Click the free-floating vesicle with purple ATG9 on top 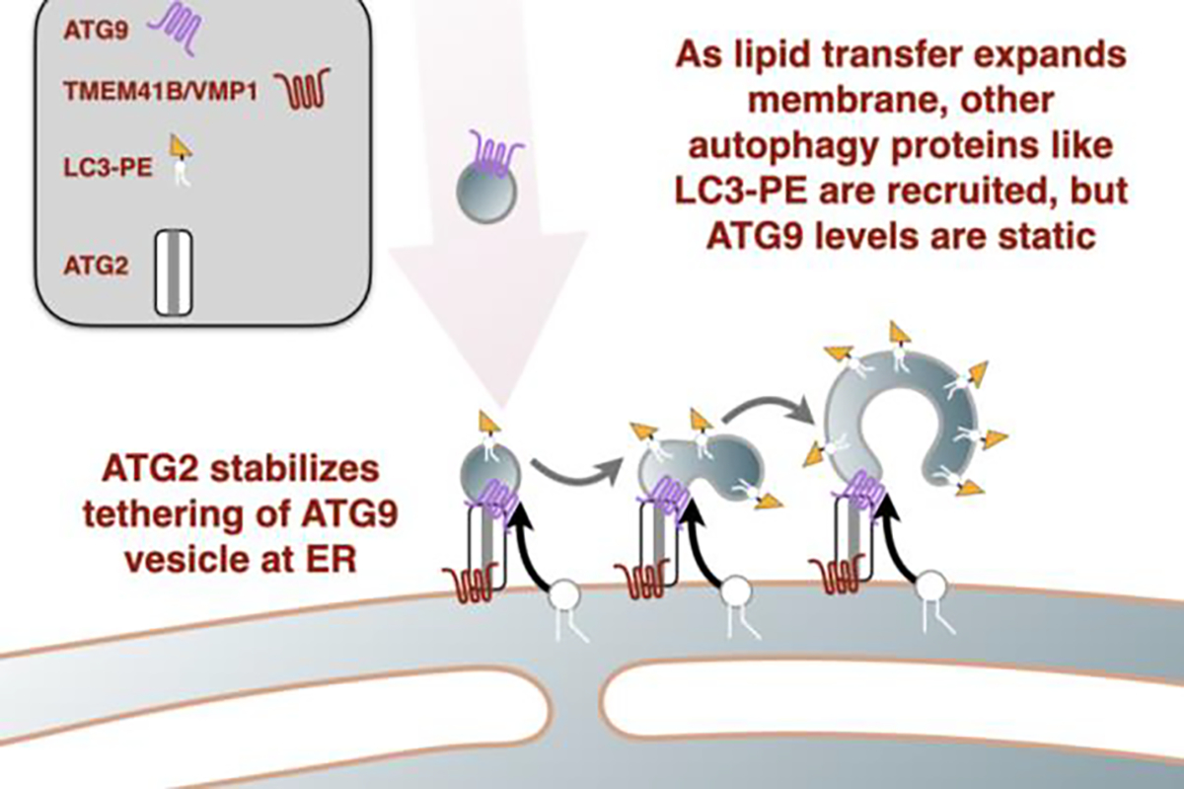pyautogui.click(x=482, y=189)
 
